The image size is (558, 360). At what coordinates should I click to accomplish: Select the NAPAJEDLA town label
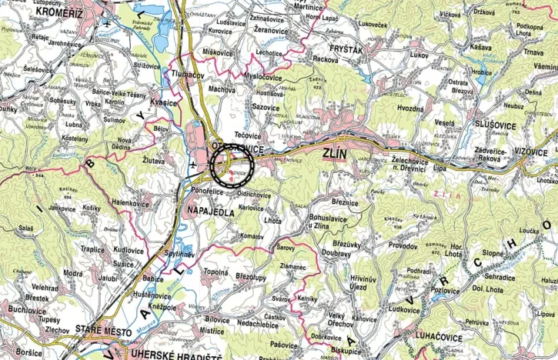[x=209, y=212]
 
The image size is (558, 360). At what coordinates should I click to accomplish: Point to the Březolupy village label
[x=251, y=275]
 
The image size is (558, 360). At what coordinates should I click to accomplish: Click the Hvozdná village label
[x=410, y=109]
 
